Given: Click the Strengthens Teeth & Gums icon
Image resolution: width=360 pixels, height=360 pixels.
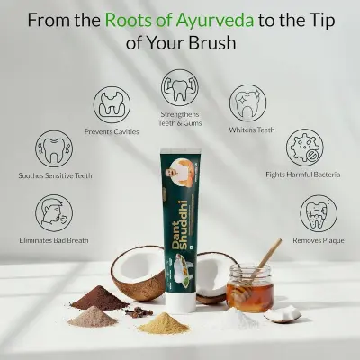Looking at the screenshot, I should click(x=179, y=86).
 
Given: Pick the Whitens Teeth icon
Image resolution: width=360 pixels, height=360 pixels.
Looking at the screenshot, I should click(x=247, y=103).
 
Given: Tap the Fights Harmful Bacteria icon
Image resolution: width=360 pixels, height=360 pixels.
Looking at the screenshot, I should click(x=305, y=147).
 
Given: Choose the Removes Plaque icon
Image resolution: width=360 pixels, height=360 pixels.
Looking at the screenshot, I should click(x=317, y=214).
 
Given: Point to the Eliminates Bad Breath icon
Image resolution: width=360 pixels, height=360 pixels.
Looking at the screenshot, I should click(x=54, y=214).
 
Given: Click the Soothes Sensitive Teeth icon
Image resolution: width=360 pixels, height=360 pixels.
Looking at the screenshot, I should click(x=54, y=147).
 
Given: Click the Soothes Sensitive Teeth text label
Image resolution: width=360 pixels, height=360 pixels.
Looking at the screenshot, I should click(x=54, y=175).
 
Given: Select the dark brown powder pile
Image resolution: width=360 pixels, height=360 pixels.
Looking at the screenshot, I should click(x=98, y=298).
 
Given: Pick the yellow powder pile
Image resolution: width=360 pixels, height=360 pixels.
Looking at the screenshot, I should click(x=163, y=322).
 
